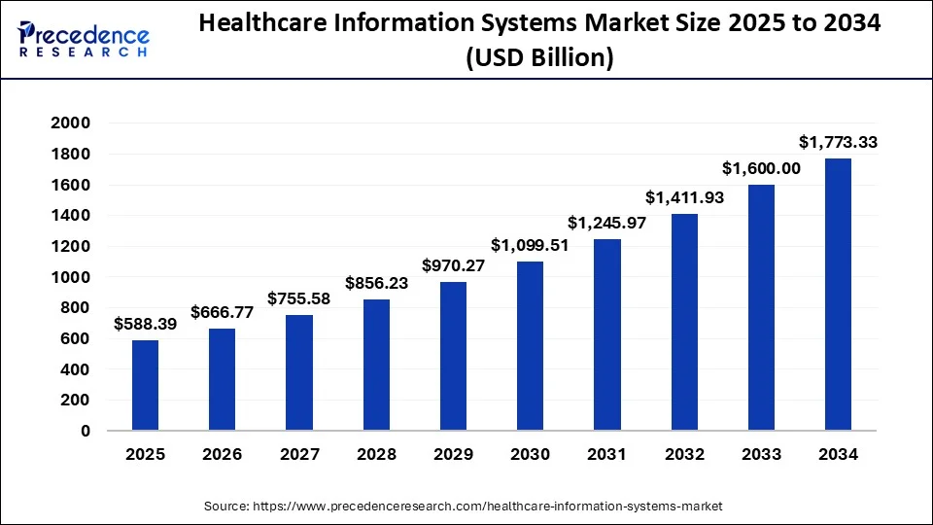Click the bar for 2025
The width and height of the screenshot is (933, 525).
point(145,385)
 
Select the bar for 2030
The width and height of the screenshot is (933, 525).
point(530,345)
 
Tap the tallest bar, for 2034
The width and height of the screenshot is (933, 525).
point(838,294)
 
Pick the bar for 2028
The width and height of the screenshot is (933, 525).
point(376,365)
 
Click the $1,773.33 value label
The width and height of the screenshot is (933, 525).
point(838,142)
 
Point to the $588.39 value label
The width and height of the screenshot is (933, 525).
point(145,324)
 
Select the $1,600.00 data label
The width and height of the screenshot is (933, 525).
point(761,168)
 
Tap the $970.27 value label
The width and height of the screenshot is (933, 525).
point(453,264)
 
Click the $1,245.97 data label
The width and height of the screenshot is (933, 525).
point(607,223)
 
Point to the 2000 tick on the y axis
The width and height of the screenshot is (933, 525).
point(71,123)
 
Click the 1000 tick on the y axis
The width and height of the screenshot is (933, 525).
point(71,277)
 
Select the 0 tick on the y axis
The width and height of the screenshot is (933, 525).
point(86,431)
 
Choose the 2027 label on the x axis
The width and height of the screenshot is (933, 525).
point(299,455)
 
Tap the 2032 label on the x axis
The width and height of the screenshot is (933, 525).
point(684,455)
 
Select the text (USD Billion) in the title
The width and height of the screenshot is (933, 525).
point(539,58)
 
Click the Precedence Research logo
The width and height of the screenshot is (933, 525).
point(84,39)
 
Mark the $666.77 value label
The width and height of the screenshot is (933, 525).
point(223,312)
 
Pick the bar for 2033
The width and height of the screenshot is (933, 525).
point(761,307)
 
